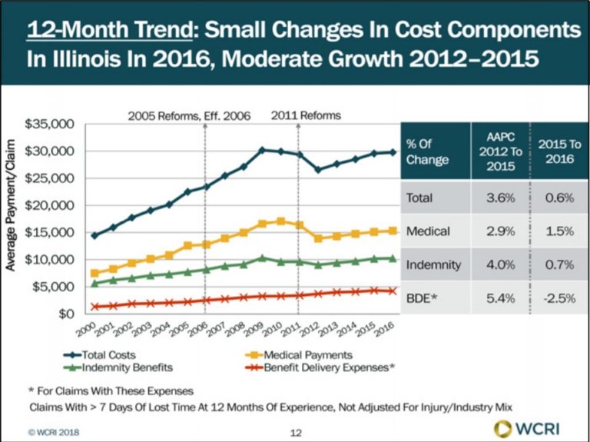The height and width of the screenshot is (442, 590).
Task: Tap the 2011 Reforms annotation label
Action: point(307,115)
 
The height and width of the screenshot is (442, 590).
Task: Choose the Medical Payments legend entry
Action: point(295,354)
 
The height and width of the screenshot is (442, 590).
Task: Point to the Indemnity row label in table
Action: point(433,264)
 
